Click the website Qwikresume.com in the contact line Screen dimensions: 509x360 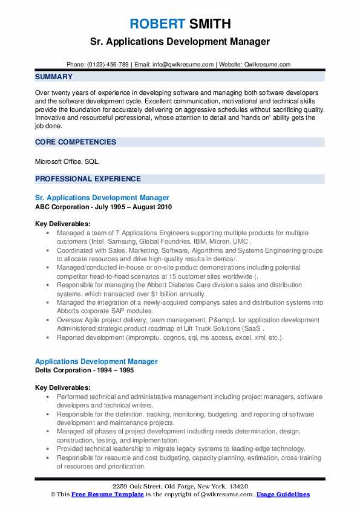[x=267, y=64]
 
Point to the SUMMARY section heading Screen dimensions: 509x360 [x=54, y=77]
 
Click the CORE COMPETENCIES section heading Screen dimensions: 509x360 [x=76, y=142]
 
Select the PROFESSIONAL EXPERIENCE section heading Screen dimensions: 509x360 [x=88, y=179]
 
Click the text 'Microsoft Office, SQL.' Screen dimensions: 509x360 [x=68, y=161]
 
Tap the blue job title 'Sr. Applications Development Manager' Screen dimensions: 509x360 [x=102, y=198]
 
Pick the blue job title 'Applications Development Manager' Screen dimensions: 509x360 [x=96, y=361]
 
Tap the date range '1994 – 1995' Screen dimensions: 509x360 [x=119, y=371]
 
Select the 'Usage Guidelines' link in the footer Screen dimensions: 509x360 [x=283, y=494]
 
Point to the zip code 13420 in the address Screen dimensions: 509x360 [x=237, y=487]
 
